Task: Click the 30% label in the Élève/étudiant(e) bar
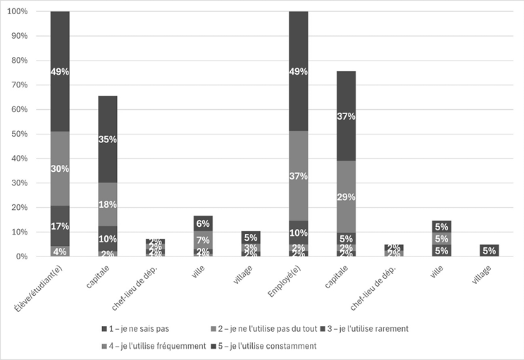click(60, 168)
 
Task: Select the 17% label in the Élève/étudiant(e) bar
click(60, 226)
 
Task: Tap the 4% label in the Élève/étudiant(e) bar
click(60, 252)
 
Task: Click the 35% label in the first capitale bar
click(108, 139)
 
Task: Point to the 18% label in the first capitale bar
click(108, 204)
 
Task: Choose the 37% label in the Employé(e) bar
click(298, 175)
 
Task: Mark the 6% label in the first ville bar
click(203, 223)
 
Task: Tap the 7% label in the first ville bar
click(203, 241)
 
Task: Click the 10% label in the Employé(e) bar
click(298, 232)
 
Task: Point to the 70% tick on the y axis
click(18, 85)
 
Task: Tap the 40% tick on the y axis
click(18, 159)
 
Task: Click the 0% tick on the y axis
click(21, 256)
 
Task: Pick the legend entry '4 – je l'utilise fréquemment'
click(153, 346)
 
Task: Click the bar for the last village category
click(489, 251)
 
